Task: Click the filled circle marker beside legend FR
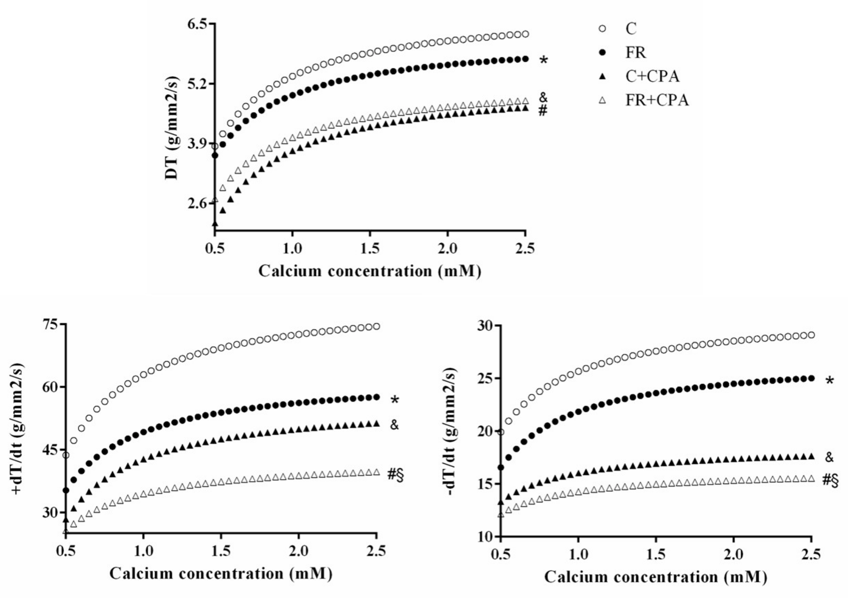602,53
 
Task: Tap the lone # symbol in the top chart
543,110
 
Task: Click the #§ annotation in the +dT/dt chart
395,475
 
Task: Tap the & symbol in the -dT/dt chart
829,458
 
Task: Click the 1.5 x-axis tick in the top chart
370,249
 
